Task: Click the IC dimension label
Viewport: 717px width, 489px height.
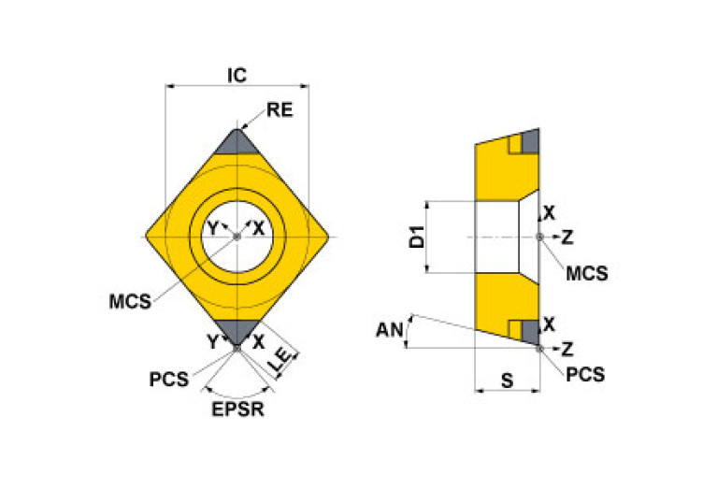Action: tap(237, 75)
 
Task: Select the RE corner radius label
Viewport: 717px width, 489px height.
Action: tap(280, 110)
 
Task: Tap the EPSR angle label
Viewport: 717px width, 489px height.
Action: tap(237, 410)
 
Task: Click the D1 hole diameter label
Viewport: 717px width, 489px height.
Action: tap(419, 237)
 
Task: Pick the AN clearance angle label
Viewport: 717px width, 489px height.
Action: tap(388, 329)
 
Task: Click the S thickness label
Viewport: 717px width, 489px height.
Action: tap(507, 381)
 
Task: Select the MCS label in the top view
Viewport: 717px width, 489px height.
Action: tap(130, 302)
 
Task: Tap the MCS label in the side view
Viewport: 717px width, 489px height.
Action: tap(587, 273)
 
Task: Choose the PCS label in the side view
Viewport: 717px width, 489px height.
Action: tap(585, 375)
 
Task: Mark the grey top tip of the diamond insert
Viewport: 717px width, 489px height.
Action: tap(237, 142)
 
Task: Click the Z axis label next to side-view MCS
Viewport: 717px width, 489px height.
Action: tap(566, 237)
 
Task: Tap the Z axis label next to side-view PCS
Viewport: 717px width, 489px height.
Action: tap(566, 349)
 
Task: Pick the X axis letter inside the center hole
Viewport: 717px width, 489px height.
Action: tap(259, 228)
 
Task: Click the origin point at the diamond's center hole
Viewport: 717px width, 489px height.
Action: tap(237, 237)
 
